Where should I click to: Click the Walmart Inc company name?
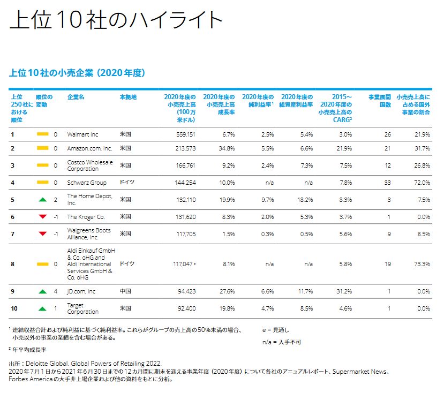point(82,134)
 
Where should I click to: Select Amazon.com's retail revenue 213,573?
point(184,148)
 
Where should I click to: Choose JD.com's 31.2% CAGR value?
point(343,291)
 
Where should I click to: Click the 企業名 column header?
point(76,97)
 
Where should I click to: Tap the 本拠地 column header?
point(128,97)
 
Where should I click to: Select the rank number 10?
point(14,308)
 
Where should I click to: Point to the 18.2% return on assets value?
point(305,200)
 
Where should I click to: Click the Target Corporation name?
point(82,308)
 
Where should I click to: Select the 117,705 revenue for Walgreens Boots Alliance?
point(184,233)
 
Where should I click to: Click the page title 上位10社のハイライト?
point(116,20)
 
